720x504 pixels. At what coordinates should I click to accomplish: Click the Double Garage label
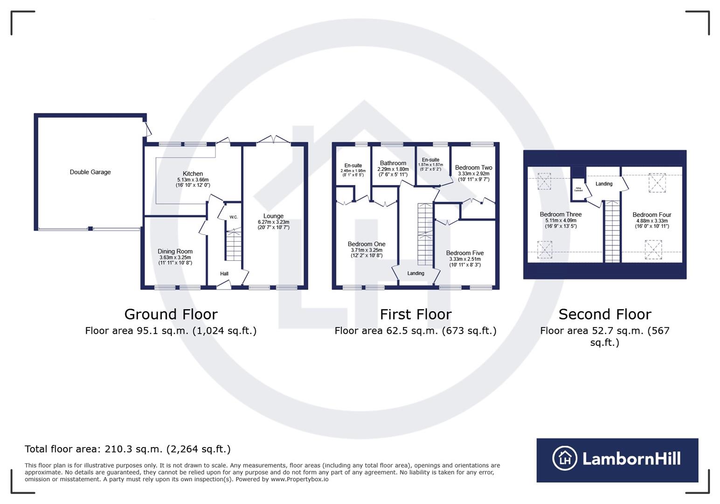(90, 172)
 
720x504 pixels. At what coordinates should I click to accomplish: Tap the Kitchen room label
(193, 174)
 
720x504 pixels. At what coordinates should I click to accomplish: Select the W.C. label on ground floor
(234, 217)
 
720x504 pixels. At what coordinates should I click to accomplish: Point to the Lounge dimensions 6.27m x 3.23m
(273, 222)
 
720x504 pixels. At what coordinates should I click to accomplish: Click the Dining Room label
(175, 252)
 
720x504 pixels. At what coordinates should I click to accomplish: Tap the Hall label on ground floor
(224, 274)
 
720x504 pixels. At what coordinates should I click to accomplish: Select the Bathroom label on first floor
(393, 163)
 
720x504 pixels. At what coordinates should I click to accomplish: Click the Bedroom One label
(367, 244)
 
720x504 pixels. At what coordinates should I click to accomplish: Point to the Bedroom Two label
(473, 168)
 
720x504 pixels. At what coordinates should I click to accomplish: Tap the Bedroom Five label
(464, 253)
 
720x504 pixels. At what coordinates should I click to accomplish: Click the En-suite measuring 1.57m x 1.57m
(430, 160)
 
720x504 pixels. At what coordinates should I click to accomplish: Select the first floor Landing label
(415, 273)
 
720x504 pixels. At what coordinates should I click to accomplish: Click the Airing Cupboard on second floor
(578, 189)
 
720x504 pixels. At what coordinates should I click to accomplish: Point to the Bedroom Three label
(561, 215)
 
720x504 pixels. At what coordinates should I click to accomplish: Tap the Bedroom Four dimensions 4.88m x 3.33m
(651, 221)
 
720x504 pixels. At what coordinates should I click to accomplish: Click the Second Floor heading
(604, 315)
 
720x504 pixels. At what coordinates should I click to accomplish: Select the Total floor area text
(127, 449)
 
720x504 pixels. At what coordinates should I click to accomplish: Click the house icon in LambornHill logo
(565, 458)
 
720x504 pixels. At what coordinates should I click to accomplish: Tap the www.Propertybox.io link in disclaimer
(299, 479)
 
